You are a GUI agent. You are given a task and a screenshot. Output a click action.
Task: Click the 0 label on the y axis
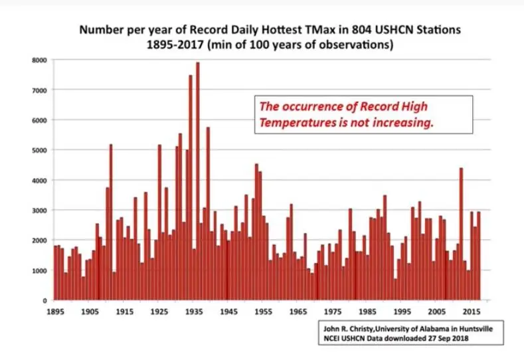[x=44, y=300]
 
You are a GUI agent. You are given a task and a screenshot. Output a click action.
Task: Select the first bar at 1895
[x=55, y=273]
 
